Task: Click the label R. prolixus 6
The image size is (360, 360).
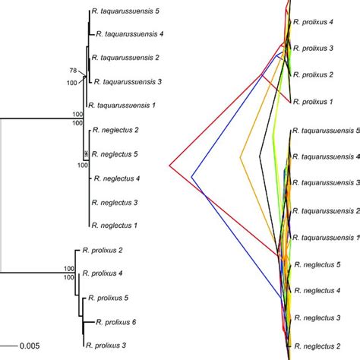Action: click(117, 322)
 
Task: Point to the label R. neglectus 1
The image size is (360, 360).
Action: click(115, 226)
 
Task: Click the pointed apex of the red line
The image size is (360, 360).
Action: click(169, 163)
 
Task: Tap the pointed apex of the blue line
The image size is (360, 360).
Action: click(192, 176)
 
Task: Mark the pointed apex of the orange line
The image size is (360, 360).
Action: click(239, 157)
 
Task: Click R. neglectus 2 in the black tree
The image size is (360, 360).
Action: click(115, 131)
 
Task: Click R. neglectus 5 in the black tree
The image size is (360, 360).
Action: click(118, 154)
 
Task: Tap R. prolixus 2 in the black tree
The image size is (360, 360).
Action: click(99, 250)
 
